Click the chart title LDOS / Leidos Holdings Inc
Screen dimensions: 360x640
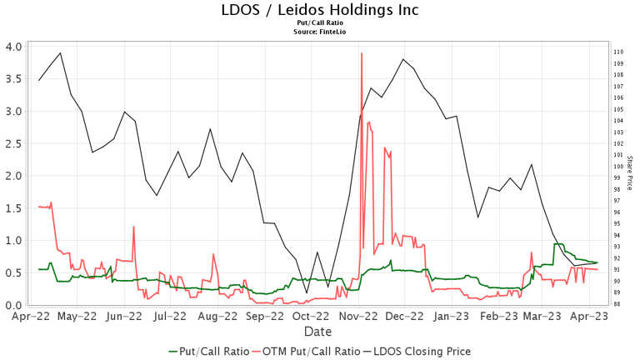coord(320,10)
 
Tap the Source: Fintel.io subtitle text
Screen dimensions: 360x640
coord(320,31)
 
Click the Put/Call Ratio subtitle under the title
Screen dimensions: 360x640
coord(320,23)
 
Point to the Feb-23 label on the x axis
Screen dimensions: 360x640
coord(501,317)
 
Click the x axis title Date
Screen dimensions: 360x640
coord(318,331)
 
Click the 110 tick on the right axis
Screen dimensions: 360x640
coord(618,52)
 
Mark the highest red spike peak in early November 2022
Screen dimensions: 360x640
coord(362,53)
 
